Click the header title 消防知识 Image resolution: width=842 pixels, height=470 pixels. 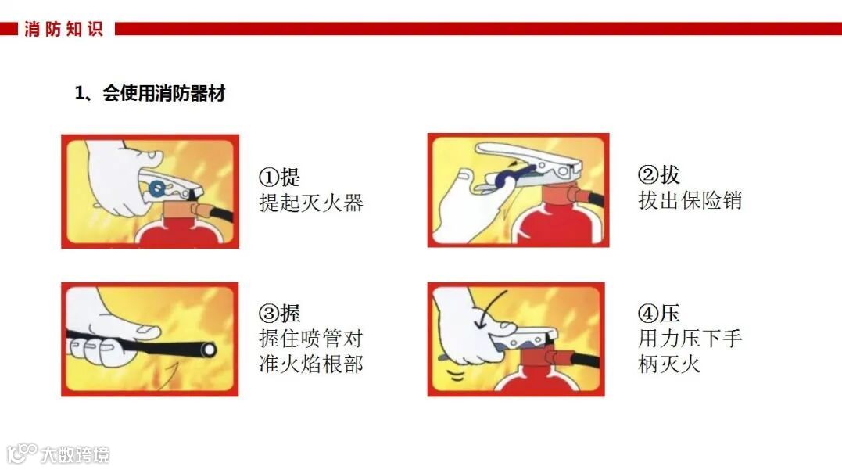pos(63,29)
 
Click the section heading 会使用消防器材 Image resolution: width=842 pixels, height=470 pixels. pos(163,94)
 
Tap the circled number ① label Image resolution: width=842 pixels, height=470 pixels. pos(269,177)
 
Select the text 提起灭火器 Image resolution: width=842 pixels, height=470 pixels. pos(311,203)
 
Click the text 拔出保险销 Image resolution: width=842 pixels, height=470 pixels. pos(690,200)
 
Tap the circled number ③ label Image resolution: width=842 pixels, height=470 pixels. pos(269,313)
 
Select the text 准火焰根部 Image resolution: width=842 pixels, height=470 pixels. pos(311,364)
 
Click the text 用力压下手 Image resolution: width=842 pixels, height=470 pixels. pos(690,339)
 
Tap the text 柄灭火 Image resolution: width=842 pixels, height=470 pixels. pos(669,364)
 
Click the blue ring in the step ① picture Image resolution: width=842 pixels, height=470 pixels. pos(157,188)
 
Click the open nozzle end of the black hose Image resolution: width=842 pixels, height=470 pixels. pos(208,350)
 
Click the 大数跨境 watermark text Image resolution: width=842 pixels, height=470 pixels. pos(75,455)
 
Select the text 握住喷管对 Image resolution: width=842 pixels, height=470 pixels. pos(311,339)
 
